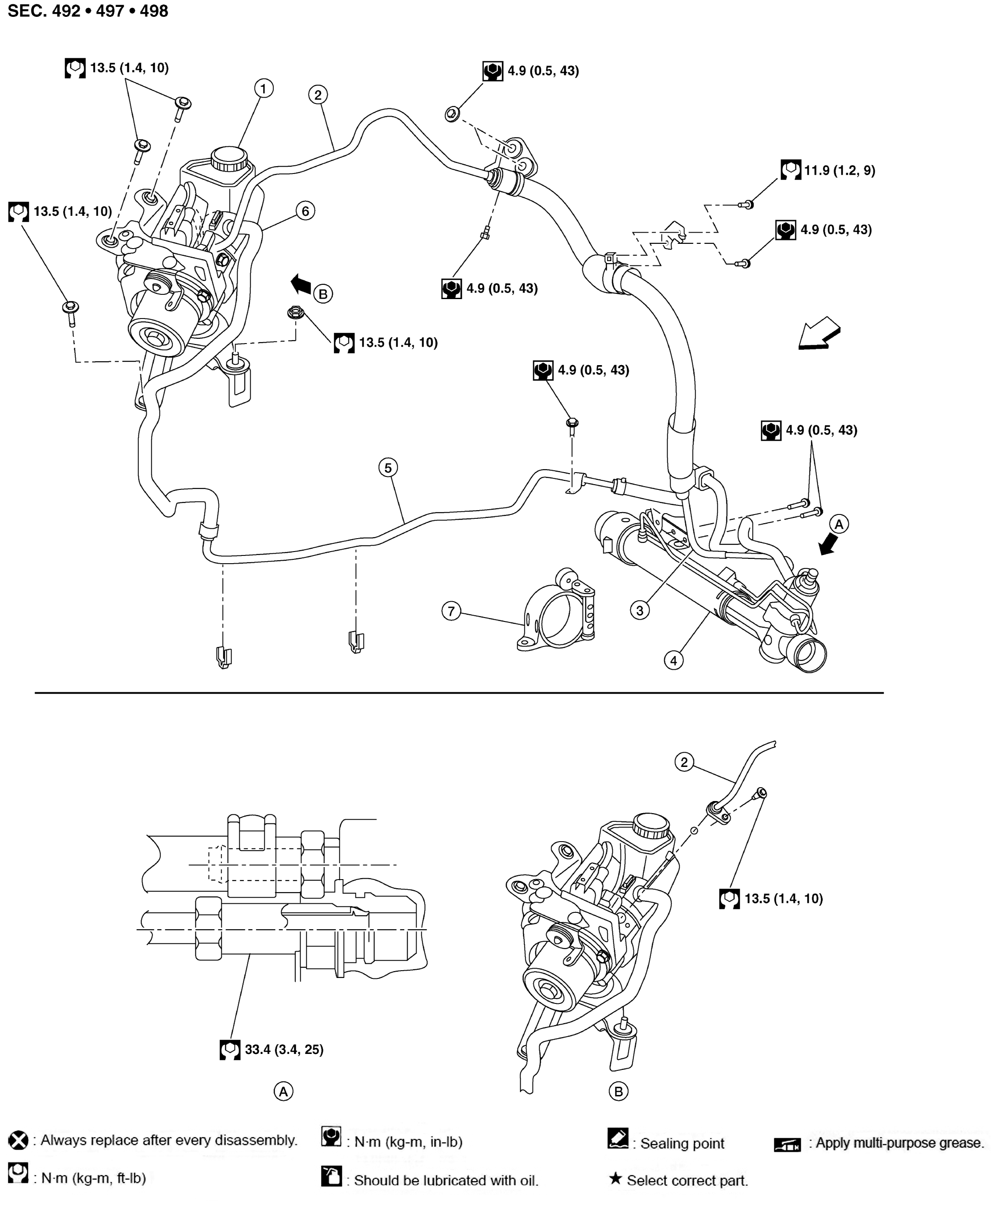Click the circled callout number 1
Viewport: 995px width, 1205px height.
pyautogui.click(x=263, y=88)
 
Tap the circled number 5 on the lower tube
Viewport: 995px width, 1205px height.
pyautogui.click(x=388, y=468)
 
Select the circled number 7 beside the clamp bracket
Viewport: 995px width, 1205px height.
pyautogui.click(x=451, y=611)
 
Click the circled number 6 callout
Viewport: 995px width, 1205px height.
pyautogui.click(x=305, y=211)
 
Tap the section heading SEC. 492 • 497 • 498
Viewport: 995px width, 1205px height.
pyautogui.click(x=88, y=11)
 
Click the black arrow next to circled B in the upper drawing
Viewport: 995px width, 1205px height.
pyautogui.click(x=301, y=283)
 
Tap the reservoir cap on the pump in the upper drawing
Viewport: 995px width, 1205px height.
pyautogui.click(x=229, y=157)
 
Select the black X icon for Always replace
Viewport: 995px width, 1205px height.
pyautogui.click(x=19, y=1140)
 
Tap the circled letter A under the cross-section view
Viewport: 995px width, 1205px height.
pyautogui.click(x=283, y=1091)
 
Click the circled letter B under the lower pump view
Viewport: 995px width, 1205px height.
pyautogui.click(x=618, y=1091)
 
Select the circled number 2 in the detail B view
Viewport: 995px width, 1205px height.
pyautogui.click(x=684, y=762)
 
